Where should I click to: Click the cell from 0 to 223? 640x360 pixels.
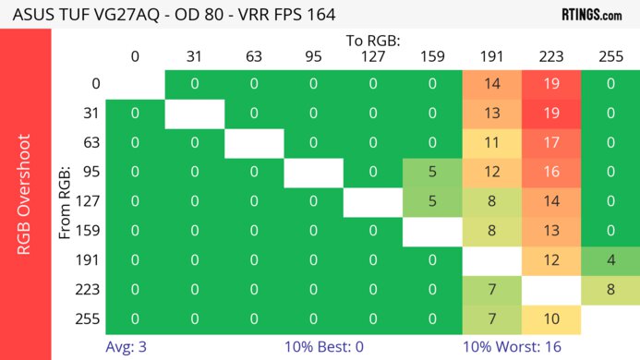click(550, 84)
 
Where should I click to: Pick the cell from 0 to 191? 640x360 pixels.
click(491, 84)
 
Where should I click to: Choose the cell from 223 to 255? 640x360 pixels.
click(610, 290)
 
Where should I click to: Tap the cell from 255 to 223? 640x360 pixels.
click(550, 318)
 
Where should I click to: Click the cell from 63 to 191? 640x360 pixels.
click(491, 142)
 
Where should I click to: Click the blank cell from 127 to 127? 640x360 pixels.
click(372, 200)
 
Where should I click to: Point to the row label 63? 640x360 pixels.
click(90, 142)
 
